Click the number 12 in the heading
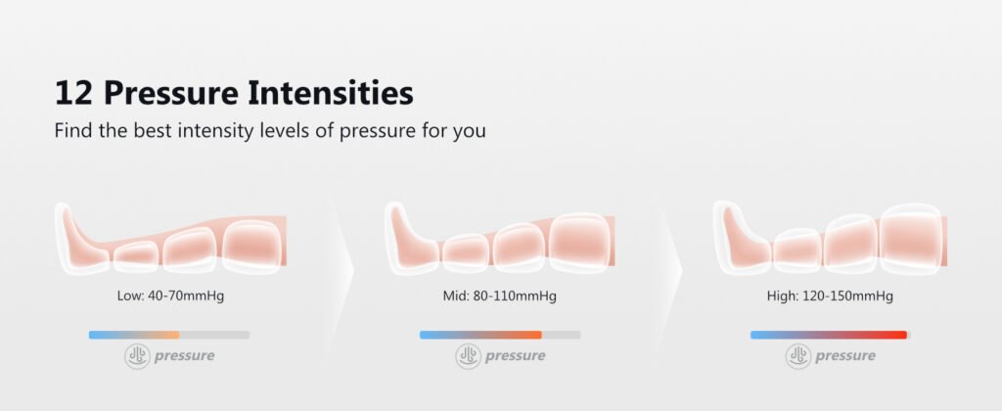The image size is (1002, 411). coord(73,93)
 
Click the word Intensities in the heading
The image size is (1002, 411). coord(331,93)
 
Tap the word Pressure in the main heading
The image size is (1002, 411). coord(170,93)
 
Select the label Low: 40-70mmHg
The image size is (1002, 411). coord(170,297)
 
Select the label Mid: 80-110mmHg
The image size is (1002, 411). coord(500,297)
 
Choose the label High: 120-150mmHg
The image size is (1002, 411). coord(830,297)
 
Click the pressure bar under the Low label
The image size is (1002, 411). coord(169,335)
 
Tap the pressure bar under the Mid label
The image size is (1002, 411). coord(500,335)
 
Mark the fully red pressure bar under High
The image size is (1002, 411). coord(830,335)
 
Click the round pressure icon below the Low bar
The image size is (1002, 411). coord(137,356)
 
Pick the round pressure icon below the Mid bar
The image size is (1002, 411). coord(468,356)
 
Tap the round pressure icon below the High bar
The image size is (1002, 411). coord(798,356)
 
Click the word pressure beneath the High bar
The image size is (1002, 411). coord(845,356)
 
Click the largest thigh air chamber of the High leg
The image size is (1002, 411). coord(910,239)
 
